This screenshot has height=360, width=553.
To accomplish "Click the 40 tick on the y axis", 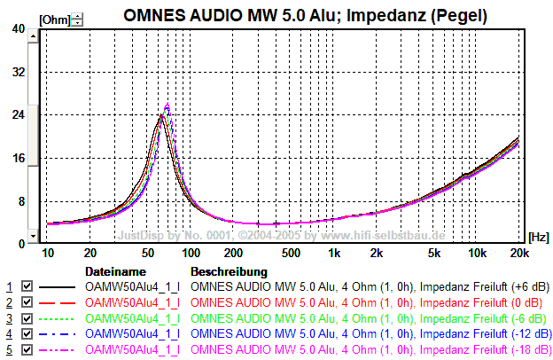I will click(18, 28).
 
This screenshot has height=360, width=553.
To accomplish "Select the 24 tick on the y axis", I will click(18, 114).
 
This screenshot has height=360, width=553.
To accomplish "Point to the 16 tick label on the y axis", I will click(18, 158).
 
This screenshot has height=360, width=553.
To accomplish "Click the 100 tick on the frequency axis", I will click(191, 253).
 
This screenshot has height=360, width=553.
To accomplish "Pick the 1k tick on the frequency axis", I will click(334, 253).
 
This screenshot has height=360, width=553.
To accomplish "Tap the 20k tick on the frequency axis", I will click(518, 253).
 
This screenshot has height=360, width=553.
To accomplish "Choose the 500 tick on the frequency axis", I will click(291, 253).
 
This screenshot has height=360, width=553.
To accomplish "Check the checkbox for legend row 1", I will click(27, 287).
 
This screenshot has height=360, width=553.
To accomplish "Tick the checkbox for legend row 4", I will click(27, 335).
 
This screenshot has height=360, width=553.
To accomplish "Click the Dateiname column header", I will click(115, 270).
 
